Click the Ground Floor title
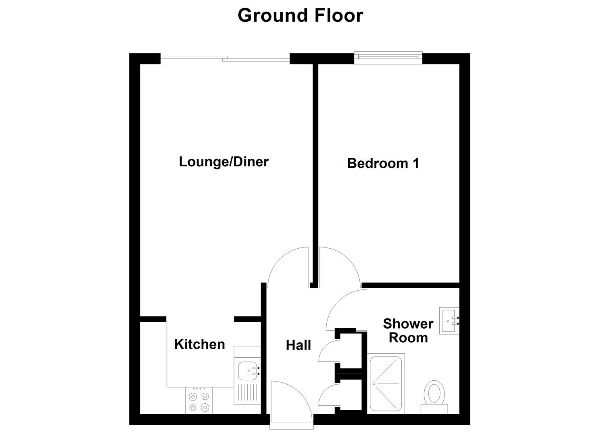pos(300,15)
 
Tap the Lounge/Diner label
pos(223,162)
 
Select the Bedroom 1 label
pos(383,163)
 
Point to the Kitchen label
pos(199,344)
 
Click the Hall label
pos(298,345)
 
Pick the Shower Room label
pos(408,331)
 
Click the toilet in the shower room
pos(434,395)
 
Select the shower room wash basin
pos(449,321)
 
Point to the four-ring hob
pos(199,401)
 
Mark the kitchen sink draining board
pos(247,393)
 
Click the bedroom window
pos(388,58)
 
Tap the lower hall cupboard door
pos(328,395)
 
